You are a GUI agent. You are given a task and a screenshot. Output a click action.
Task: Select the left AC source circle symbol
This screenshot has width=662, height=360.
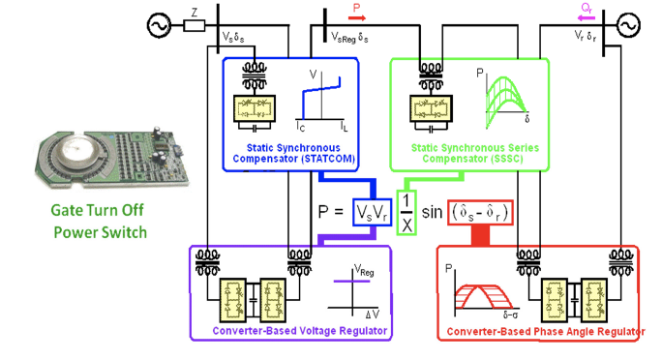tap(157, 23)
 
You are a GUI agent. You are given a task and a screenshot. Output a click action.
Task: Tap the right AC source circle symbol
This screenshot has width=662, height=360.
tap(627, 23)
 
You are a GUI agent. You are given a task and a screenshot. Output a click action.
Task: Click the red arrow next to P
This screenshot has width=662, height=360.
tap(358, 16)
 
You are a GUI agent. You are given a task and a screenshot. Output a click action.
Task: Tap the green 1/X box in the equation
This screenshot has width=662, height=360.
tap(406, 211)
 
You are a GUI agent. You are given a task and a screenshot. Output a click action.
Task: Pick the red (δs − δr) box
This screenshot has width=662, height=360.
tap(481, 211)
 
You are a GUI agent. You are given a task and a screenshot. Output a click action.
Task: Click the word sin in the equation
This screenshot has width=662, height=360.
tap(433, 211)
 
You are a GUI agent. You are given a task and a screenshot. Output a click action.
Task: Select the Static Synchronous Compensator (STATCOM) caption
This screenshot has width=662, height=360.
tap(293, 154)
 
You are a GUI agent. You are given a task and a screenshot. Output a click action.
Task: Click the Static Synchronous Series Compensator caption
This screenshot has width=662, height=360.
tap(468, 154)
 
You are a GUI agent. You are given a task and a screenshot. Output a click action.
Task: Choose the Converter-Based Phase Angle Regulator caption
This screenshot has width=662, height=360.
tap(545, 332)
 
